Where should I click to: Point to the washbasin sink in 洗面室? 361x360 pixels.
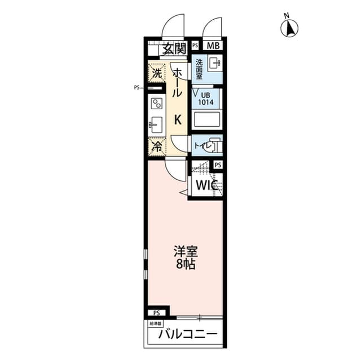[215, 63]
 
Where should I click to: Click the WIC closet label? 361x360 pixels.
[205, 185]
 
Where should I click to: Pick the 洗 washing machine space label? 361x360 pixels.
[156, 73]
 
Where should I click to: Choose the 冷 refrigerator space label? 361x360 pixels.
[156, 146]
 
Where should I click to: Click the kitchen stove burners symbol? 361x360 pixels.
[156, 103]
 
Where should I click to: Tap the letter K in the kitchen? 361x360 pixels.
[177, 119]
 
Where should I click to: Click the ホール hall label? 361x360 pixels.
[177, 85]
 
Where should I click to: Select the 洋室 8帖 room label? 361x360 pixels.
[185, 257]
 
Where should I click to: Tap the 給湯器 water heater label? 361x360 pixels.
[155, 324]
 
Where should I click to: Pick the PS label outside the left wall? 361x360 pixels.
[137, 87]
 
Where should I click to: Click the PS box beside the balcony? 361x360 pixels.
[157, 312]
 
